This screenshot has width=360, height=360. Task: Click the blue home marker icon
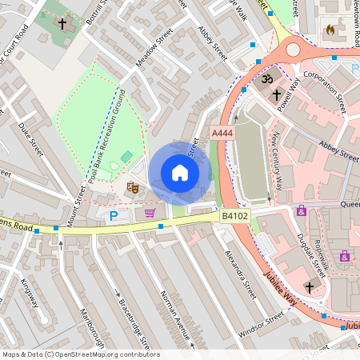pos(180,173)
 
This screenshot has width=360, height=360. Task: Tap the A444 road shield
pos(222,132)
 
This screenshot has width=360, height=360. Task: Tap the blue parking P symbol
pos(114,215)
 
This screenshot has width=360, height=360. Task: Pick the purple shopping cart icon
pos(150,212)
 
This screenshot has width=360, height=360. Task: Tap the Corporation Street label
pos(322,90)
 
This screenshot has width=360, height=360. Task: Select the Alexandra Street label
pos(240,274)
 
